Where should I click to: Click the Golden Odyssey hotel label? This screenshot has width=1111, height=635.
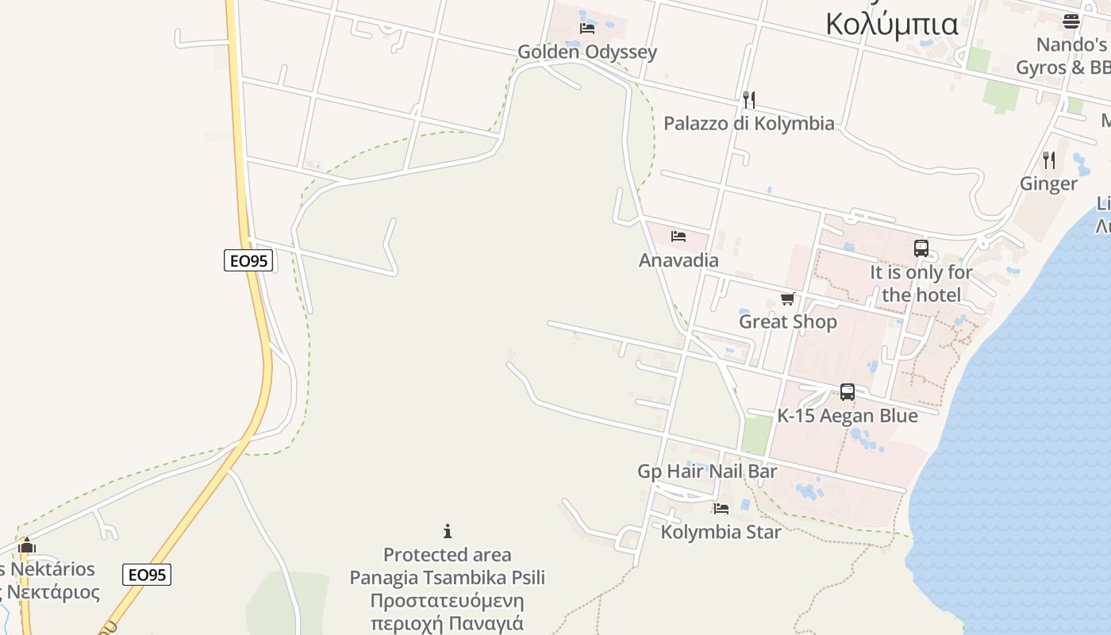[587, 52]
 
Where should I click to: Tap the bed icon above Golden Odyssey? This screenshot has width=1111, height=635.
[587, 29]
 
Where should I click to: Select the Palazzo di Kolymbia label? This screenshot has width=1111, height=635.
[748, 123]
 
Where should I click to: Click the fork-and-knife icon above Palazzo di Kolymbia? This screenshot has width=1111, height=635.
[748, 99]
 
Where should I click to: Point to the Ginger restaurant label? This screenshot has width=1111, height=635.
[1048, 183]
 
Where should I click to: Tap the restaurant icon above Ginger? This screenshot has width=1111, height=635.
[1049, 160]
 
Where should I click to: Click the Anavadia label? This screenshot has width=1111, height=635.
[679, 260]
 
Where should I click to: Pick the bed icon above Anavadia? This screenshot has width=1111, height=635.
[678, 237]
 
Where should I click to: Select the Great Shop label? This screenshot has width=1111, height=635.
[787, 321]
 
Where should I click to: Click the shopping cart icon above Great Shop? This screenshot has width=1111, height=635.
[787, 298]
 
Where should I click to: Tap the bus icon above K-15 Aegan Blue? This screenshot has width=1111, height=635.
[847, 392]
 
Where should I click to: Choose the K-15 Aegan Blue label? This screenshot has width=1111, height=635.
[847, 416]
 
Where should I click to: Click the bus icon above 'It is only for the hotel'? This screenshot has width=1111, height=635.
[921, 248]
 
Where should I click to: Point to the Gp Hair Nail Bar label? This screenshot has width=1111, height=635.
[707, 471]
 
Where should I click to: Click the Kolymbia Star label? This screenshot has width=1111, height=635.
[721, 532]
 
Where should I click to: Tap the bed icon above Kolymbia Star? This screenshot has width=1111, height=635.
[721, 509]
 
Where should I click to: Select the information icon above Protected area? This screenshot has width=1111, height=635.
[448, 531]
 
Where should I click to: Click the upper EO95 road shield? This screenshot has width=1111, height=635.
[248, 260]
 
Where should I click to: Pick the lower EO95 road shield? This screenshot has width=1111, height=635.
[147, 575]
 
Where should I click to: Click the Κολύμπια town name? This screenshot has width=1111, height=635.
[892, 23]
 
